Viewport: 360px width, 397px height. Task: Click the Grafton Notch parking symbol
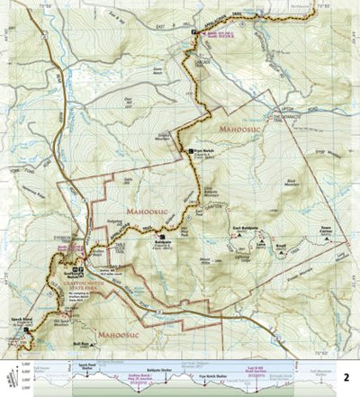pyautogui.click(x=78, y=270)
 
